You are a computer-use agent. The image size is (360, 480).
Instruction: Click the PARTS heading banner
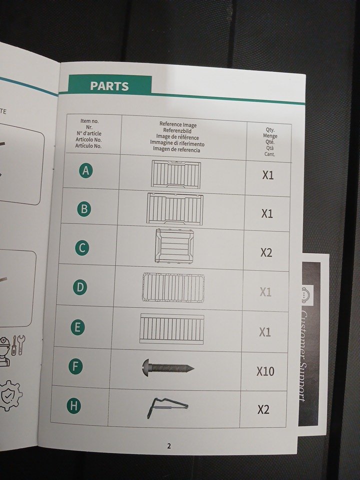[x=109, y=85]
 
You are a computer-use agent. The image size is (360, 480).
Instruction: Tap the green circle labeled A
[x=85, y=170]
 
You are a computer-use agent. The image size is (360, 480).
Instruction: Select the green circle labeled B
[x=84, y=209]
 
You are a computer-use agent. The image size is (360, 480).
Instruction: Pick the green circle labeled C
[x=82, y=247]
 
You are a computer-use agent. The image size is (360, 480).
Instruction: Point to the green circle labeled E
[x=78, y=327]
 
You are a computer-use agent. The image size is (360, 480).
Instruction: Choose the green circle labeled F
[x=75, y=366]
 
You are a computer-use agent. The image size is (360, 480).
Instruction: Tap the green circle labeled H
[x=74, y=406]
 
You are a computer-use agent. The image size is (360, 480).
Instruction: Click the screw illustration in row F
[x=168, y=366]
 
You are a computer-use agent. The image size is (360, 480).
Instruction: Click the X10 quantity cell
[x=265, y=371]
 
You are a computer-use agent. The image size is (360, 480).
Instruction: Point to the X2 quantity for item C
[x=266, y=252]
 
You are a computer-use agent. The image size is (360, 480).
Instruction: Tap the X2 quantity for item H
[x=263, y=409]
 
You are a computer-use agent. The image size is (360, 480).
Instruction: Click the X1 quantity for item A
[x=268, y=175]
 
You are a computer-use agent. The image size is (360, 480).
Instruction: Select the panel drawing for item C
[x=174, y=246]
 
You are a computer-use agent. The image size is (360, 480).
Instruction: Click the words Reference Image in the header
[x=178, y=124]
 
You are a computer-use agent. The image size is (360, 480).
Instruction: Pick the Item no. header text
[x=89, y=121]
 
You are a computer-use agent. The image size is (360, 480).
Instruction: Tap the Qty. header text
[x=270, y=129]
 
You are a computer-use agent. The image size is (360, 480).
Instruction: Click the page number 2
[x=169, y=446]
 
